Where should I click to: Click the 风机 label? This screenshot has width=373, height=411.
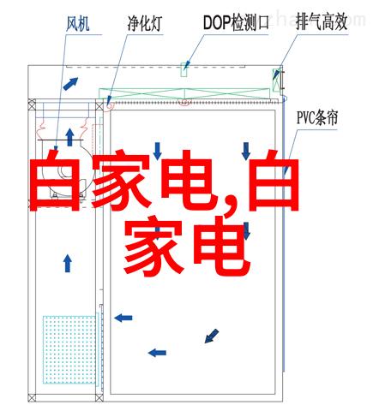78,23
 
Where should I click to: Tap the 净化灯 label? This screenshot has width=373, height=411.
145,23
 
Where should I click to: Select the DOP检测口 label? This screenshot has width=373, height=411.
236,22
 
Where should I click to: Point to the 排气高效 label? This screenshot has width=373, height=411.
322,22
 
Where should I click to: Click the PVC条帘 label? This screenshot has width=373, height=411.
317,117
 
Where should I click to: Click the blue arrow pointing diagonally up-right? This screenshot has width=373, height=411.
70,84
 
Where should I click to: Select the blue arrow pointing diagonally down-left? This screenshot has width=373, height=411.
212,336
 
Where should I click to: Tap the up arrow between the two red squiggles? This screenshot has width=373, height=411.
69,137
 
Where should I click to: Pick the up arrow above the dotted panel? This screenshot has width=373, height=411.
68,264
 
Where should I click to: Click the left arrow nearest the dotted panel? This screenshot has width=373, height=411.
123,318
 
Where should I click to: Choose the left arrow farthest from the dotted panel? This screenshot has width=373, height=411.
157,353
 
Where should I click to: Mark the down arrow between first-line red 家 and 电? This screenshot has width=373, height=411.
157,152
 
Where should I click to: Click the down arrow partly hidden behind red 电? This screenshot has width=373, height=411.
246,230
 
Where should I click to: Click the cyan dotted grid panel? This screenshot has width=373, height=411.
69,349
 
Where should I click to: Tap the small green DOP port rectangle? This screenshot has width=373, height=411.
183,69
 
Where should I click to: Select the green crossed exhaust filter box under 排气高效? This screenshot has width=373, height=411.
276,80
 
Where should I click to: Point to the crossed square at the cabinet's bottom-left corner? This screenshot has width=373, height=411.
32,397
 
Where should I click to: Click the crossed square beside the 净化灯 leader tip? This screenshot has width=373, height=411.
99,106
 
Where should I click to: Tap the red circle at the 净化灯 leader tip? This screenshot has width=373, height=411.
110,105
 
